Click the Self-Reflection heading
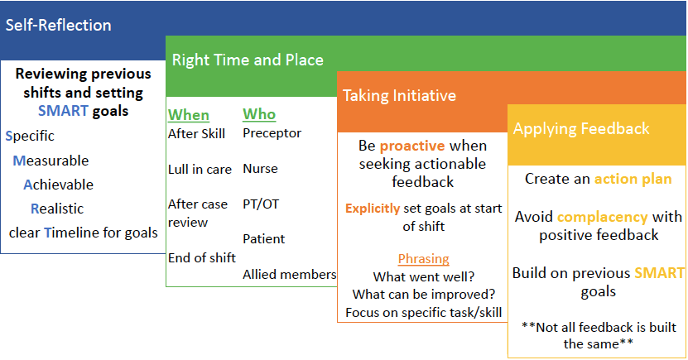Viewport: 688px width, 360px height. click(x=58, y=25)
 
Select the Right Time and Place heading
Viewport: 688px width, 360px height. click(x=248, y=60)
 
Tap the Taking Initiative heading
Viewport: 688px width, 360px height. click(x=399, y=95)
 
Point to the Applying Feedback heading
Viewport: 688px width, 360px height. click(x=581, y=128)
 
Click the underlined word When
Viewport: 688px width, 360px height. click(x=189, y=115)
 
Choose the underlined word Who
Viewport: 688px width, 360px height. click(x=259, y=114)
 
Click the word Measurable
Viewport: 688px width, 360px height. click(x=51, y=161)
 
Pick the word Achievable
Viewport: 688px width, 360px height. click(x=58, y=185)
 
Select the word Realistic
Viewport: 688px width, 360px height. click(x=57, y=209)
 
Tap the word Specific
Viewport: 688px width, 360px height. click(x=30, y=136)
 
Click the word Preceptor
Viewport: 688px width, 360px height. click(x=272, y=133)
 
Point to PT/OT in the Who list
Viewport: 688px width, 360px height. click(x=261, y=204)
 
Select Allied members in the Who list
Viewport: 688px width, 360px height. click(x=290, y=274)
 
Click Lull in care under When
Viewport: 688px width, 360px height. click(x=200, y=170)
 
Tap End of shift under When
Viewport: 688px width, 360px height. click(x=202, y=257)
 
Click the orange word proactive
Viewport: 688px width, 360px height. click(x=412, y=146)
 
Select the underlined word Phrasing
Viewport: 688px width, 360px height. click(x=423, y=259)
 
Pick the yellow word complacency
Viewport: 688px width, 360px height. click(x=603, y=217)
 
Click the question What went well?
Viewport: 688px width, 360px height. click(x=424, y=276)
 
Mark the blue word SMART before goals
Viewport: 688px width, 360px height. click(x=63, y=111)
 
